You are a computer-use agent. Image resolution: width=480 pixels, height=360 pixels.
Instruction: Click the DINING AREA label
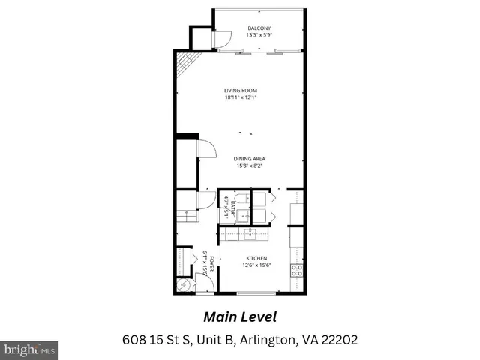click(x=250, y=159)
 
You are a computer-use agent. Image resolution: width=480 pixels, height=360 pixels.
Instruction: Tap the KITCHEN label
click(x=256, y=258)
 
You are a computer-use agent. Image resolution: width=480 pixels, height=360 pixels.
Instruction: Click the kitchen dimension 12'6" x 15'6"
click(x=256, y=265)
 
